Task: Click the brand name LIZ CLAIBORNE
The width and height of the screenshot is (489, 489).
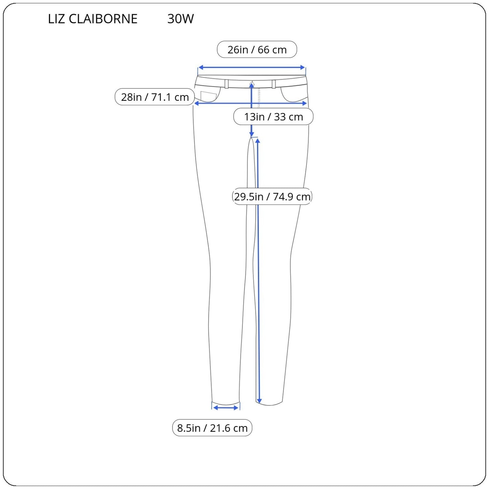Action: (x=93, y=19)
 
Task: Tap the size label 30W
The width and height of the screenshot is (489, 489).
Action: (x=180, y=19)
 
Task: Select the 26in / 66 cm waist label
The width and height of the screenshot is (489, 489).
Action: (x=257, y=50)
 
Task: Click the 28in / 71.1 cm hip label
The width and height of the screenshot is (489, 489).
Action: (x=155, y=97)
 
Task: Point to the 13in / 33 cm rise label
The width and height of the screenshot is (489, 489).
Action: (x=273, y=117)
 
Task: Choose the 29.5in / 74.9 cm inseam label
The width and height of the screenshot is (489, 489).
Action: (x=272, y=197)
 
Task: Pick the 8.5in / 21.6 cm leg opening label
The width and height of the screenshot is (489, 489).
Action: (x=212, y=428)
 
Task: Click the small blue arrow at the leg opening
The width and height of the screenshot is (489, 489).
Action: (x=226, y=408)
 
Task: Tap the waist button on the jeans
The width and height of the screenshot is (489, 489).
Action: (x=251, y=83)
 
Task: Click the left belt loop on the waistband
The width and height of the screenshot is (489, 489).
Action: (x=226, y=84)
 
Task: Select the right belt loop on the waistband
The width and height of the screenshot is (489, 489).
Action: (x=273, y=84)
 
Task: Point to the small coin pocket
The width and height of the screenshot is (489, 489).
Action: (x=208, y=96)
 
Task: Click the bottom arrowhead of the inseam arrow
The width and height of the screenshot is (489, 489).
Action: (x=259, y=401)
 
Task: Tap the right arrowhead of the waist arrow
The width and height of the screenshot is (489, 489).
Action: (x=303, y=67)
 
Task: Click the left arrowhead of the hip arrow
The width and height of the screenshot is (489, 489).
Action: (x=196, y=104)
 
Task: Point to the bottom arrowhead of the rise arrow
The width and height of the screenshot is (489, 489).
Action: (x=251, y=134)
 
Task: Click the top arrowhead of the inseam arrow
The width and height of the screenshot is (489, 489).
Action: (x=258, y=141)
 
